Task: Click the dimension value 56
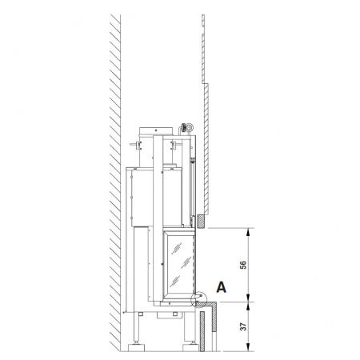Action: (243, 265)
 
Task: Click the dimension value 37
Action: (243, 326)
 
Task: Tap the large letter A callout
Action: (221, 287)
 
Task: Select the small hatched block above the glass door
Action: (201, 221)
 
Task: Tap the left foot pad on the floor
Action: (136, 347)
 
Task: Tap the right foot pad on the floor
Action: (190, 347)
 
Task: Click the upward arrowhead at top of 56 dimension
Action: (248, 231)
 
